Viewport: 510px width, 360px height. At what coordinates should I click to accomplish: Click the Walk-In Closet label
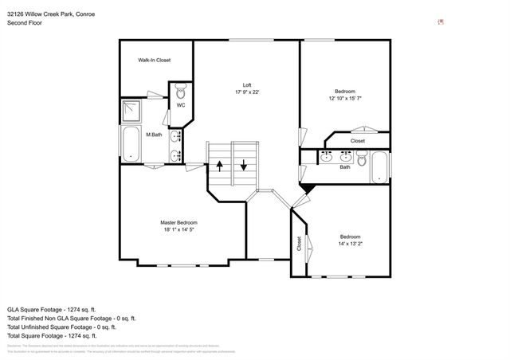point(154,60)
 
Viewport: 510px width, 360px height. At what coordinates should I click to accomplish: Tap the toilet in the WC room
point(180,92)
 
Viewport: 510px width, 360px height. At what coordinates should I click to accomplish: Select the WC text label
point(181,105)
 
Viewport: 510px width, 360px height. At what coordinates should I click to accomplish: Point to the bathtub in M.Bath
point(129,144)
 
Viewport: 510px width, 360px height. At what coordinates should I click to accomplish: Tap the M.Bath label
point(154,135)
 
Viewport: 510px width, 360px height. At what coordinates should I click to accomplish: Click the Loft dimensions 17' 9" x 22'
point(248,92)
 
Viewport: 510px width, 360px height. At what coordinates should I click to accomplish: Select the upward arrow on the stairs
point(220,166)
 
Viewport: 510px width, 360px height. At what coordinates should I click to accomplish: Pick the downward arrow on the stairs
point(244,166)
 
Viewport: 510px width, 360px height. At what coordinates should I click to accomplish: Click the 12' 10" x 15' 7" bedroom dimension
point(345,98)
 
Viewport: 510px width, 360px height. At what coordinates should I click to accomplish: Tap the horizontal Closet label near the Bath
point(358,141)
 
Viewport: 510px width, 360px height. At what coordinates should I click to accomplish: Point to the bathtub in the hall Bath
point(381,167)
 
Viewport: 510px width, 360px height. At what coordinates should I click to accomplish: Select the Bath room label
point(345,167)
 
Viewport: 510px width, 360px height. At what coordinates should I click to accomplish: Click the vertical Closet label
point(299,244)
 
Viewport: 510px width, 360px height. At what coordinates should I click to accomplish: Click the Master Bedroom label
point(178,222)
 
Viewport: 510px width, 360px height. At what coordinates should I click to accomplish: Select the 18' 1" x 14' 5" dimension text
point(178,229)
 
